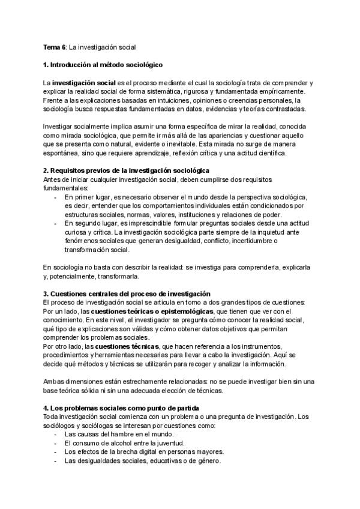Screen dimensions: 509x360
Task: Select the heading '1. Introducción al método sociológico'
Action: (x=103, y=64)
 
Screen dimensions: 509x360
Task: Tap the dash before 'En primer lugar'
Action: (x=56, y=197)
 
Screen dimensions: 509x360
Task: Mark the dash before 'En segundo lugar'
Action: (x=56, y=223)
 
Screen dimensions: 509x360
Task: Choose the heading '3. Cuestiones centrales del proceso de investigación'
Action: (x=127, y=294)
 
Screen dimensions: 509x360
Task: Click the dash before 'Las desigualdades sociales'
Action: (x=56, y=461)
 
